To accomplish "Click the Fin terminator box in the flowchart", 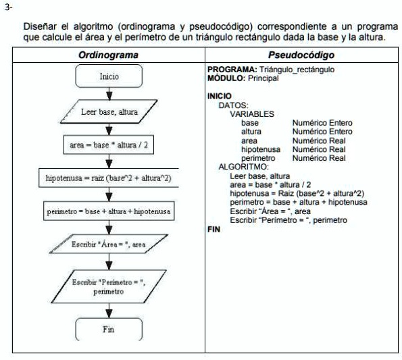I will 109,330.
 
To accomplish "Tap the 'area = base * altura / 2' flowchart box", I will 109,145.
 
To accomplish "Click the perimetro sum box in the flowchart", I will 109,211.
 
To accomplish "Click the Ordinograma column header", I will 109,55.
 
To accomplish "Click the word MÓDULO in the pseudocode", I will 224,78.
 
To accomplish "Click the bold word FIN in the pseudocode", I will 213,230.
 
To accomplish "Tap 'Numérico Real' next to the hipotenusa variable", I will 318,149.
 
